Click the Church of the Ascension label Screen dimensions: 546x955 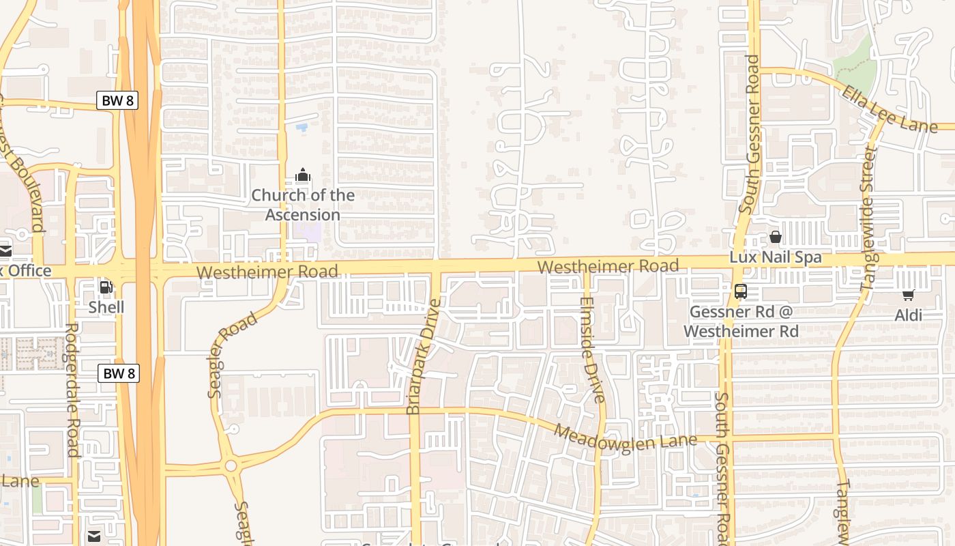point(303,205)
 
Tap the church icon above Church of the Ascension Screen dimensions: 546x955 point(303,175)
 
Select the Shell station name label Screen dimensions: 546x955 point(106,307)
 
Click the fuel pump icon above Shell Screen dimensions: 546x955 point(106,287)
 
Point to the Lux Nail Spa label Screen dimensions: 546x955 point(776,258)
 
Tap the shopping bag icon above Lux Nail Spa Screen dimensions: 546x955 point(776,238)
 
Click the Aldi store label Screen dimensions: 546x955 point(908,315)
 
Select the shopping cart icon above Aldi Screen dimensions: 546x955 point(908,295)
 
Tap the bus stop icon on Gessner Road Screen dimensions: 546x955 point(741,291)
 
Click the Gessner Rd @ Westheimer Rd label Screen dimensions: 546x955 point(741,321)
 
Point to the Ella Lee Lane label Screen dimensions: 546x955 point(889,109)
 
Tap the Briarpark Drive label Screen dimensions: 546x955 point(424,356)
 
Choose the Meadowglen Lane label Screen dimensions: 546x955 point(625,437)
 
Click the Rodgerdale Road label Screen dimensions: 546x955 point(72,390)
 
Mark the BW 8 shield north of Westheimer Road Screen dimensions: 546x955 point(117,100)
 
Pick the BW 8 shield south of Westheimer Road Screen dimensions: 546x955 point(119,373)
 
